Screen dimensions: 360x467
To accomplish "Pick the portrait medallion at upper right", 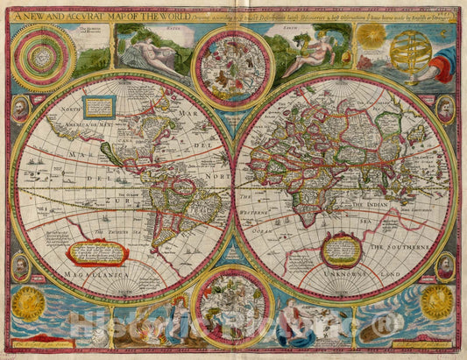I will tap(446, 109).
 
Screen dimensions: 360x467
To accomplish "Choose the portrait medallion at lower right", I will tap(446, 265).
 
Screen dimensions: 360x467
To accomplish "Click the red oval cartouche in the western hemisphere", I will tap(98, 253).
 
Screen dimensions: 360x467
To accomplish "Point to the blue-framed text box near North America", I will tap(101, 107).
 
